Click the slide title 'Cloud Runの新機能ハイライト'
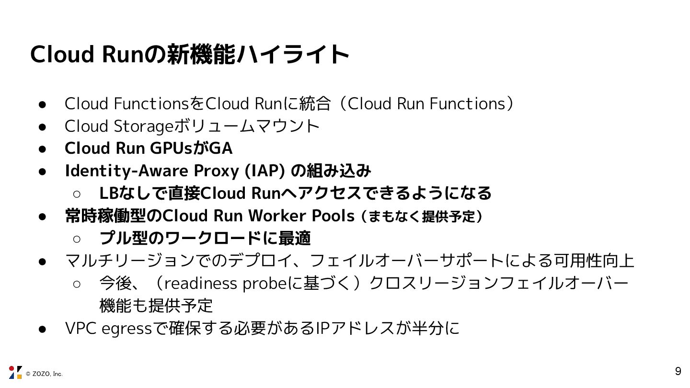click(189, 55)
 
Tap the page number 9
click(678, 371)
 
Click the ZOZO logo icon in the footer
click(15, 372)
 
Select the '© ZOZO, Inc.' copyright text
click(44, 374)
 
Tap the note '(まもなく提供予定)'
click(422, 217)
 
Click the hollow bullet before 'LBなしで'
click(77, 194)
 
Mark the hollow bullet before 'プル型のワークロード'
click(77, 239)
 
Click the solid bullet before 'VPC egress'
click(42, 329)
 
